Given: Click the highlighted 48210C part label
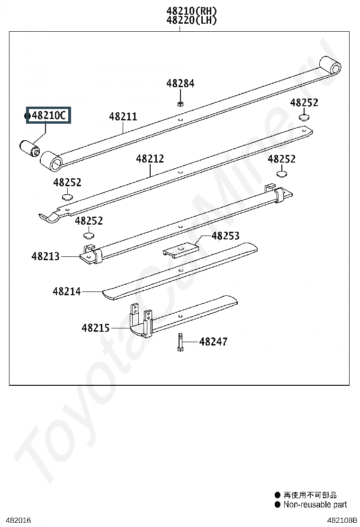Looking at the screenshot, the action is click(49, 115).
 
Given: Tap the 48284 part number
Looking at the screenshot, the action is click(180, 83).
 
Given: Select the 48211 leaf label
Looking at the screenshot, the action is click(123, 117).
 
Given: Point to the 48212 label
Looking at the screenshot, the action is click(150, 159).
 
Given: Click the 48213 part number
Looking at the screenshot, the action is click(45, 256).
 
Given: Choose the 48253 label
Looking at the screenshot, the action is click(225, 236).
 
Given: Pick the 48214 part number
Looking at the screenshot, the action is click(66, 291).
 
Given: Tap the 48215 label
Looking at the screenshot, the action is click(95, 327).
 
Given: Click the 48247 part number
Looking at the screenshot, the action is click(213, 342).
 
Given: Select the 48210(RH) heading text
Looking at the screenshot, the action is click(191, 11).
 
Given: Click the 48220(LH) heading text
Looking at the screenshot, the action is click(191, 20).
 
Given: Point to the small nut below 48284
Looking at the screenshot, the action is click(180, 103).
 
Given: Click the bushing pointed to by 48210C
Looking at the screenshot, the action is click(29, 148).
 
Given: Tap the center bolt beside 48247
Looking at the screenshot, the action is click(180, 342).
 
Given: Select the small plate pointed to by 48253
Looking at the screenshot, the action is click(180, 250).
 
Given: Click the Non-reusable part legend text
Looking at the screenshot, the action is click(315, 504).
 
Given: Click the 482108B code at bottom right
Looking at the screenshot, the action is click(342, 520).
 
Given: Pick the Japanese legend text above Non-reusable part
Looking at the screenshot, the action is click(310, 495).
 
